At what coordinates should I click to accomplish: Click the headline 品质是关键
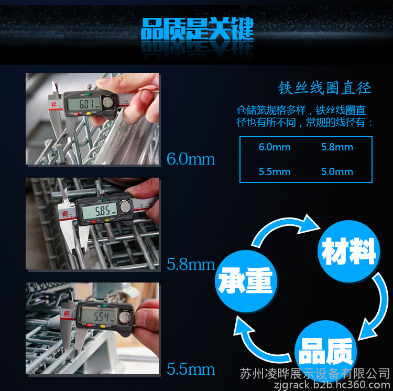[x=198, y=29]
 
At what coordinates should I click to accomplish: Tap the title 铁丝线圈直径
[x=324, y=88]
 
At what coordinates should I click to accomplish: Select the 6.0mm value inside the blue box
[x=275, y=147]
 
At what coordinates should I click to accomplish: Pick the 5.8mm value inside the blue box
[x=337, y=147]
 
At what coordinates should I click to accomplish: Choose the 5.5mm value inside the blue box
[x=275, y=172]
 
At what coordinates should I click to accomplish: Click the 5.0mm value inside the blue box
[x=337, y=172]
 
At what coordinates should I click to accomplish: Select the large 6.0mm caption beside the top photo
[x=191, y=159]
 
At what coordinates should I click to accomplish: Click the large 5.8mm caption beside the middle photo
[x=191, y=265]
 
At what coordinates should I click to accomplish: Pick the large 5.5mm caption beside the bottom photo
[x=191, y=369]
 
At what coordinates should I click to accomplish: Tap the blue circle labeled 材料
[x=348, y=252]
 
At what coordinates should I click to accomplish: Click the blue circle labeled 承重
[x=246, y=281]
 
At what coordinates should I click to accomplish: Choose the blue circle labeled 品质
[x=326, y=351]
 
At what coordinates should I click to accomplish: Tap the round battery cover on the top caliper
[x=108, y=102]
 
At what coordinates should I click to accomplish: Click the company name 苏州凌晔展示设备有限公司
[x=315, y=374]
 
